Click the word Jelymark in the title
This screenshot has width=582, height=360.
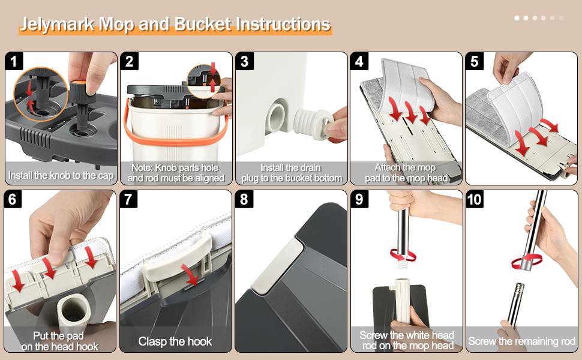tap(56, 25)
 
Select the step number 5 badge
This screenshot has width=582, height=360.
tap(475, 61)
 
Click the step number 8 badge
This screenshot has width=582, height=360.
tap(244, 199)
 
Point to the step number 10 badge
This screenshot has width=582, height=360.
tap(475, 199)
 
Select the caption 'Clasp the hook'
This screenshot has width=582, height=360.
tap(175, 341)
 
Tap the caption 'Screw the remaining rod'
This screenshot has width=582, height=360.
tap(521, 341)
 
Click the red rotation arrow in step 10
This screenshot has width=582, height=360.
tap(526, 261)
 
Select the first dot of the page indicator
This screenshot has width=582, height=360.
tap(517, 18)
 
